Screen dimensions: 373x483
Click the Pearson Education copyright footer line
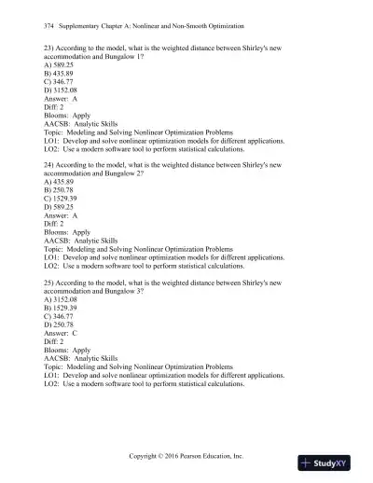pos(186,457)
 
